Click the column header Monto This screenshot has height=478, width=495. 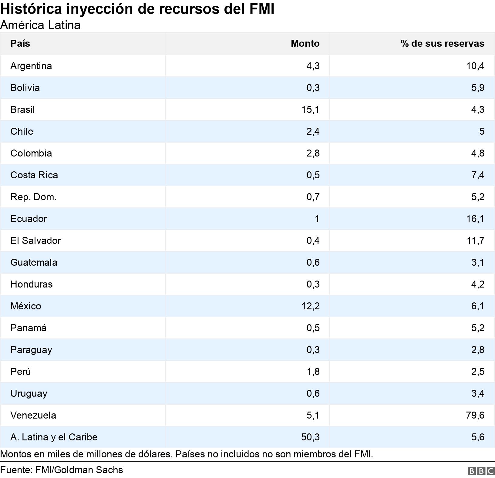(305, 43)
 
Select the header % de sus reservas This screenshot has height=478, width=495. (442, 43)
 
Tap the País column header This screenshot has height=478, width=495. (20, 43)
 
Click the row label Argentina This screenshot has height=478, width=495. (31, 66)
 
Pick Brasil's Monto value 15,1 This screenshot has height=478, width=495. (310, 109)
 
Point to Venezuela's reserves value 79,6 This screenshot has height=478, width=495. (475, 415)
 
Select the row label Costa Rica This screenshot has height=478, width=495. (34, 175)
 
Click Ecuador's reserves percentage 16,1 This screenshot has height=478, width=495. (475, 219)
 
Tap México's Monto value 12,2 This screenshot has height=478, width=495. (310, 306)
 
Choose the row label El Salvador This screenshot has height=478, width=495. (35, 241)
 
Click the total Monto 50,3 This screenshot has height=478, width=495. (310, 437)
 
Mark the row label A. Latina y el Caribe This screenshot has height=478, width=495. (54, 437)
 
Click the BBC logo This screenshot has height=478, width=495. (481, 471)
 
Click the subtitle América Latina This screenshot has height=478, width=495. (40, 25)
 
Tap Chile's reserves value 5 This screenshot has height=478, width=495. (481, 131)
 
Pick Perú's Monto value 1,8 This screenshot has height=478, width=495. (313, 372)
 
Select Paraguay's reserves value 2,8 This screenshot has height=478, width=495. (477, 350)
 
